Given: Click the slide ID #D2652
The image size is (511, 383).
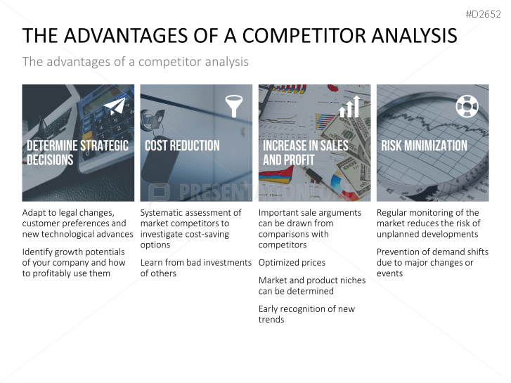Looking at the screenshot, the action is [x=484, y=14].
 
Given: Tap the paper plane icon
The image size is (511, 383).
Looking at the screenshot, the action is [x=115, y=105].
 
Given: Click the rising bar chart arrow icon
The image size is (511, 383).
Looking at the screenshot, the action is [x=349, y=107].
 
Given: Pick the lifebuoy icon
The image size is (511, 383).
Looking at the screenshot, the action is [x=467, y=106].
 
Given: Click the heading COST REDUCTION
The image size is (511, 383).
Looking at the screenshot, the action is [x=182, y=145].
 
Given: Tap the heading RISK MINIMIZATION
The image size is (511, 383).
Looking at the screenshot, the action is [x=425, y=145].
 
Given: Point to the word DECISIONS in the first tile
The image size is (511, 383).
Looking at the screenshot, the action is [x=50, y=160].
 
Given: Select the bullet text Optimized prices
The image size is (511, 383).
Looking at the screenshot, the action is [x=292, y=263].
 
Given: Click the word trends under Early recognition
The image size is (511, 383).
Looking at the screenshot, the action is [x=271, y=320].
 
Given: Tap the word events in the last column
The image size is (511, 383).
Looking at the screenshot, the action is [x=390, y=273].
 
